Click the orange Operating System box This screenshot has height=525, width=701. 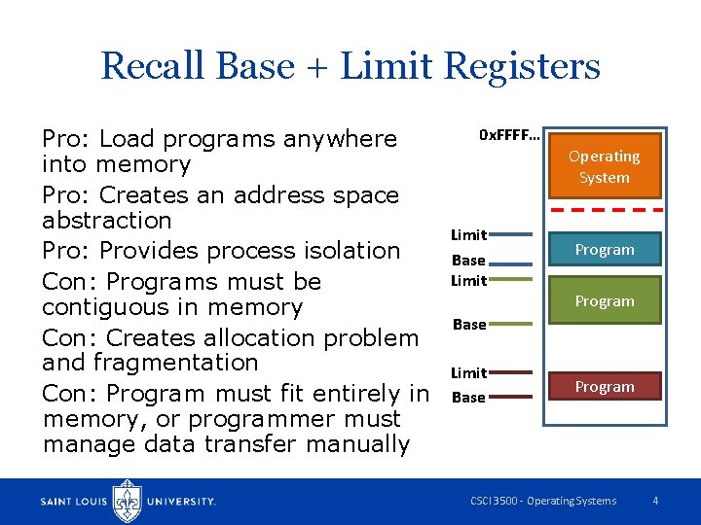pyautogui.click(x=604, y=167)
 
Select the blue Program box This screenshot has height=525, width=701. pyautogui.click(x=604, y=250)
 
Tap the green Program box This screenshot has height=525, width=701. pyautogui.click(x=604, y=301)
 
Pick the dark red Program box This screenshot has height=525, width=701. pyautogui.click(x=604, y=387)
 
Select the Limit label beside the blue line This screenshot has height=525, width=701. pyautogui.click(x=468, y=235)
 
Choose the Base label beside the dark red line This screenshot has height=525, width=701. pyautogui.click(x=468, y=398)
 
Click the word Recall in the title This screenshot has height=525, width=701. pyautogui.click(x=153, y=66)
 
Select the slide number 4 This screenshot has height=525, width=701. pyautogui.click(x=655, y=501)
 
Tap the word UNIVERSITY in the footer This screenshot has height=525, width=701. pyautogui.click(x=181, y=502)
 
